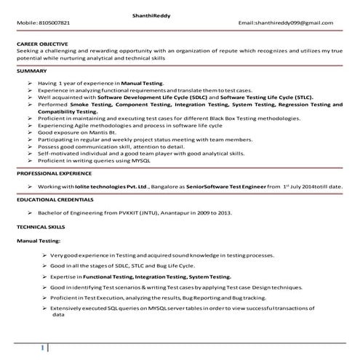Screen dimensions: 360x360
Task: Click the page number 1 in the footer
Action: click(44, 348)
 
